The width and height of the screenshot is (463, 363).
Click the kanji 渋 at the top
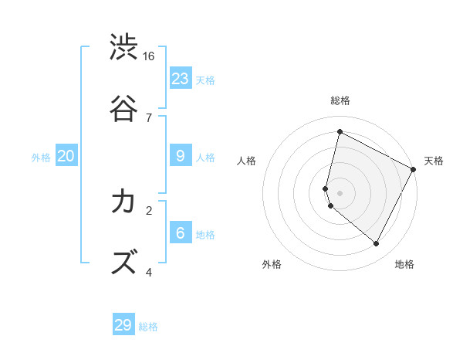click(x=123, y=47)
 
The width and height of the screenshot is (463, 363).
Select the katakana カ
click(x=123, y=202)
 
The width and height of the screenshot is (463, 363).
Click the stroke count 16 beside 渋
click(x=149, y=56)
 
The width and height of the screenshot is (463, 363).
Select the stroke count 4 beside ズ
click(x=149, y=271)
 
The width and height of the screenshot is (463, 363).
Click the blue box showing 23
click(x=181, y=79)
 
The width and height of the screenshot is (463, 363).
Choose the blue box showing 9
click(x=181, y=156)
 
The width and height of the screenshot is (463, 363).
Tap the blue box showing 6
click(x=181, y=233)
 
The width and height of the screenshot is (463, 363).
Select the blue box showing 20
click(x=66, y=156)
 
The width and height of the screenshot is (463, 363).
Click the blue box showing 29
click(x=123, y=325)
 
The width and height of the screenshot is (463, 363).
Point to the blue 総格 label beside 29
click(x=148, y=327)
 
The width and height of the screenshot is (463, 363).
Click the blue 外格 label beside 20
click(x=41, y=158)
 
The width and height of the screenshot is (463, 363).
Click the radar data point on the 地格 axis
click(x=376, y=244)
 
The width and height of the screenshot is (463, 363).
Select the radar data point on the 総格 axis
click(x=340, y=132)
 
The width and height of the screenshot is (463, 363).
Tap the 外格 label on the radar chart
click(x=272, y=264)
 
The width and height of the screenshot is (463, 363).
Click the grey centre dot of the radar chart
click(x=340, y=192)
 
